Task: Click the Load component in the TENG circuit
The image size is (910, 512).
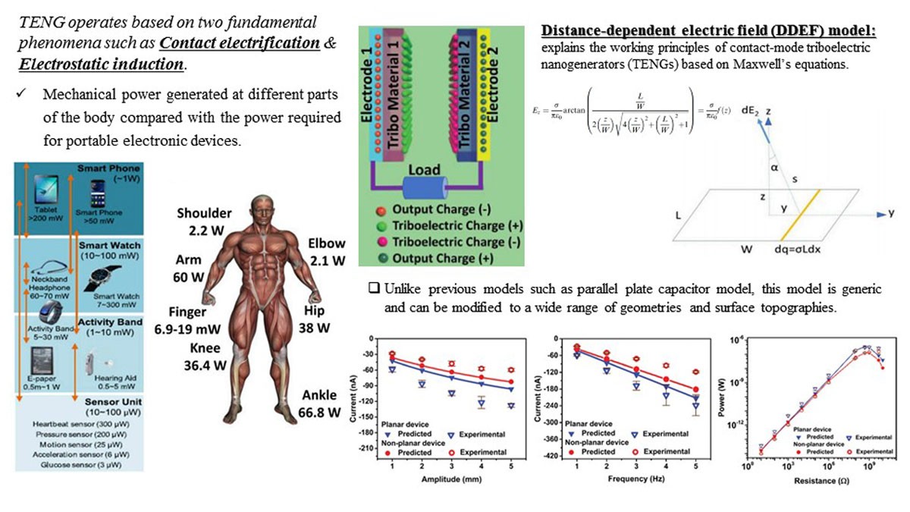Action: [425, 170]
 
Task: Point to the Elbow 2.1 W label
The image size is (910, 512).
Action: [326, 252]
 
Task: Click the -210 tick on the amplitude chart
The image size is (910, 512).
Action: [372, 448]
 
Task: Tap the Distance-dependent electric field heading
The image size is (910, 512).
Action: [709, 30]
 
